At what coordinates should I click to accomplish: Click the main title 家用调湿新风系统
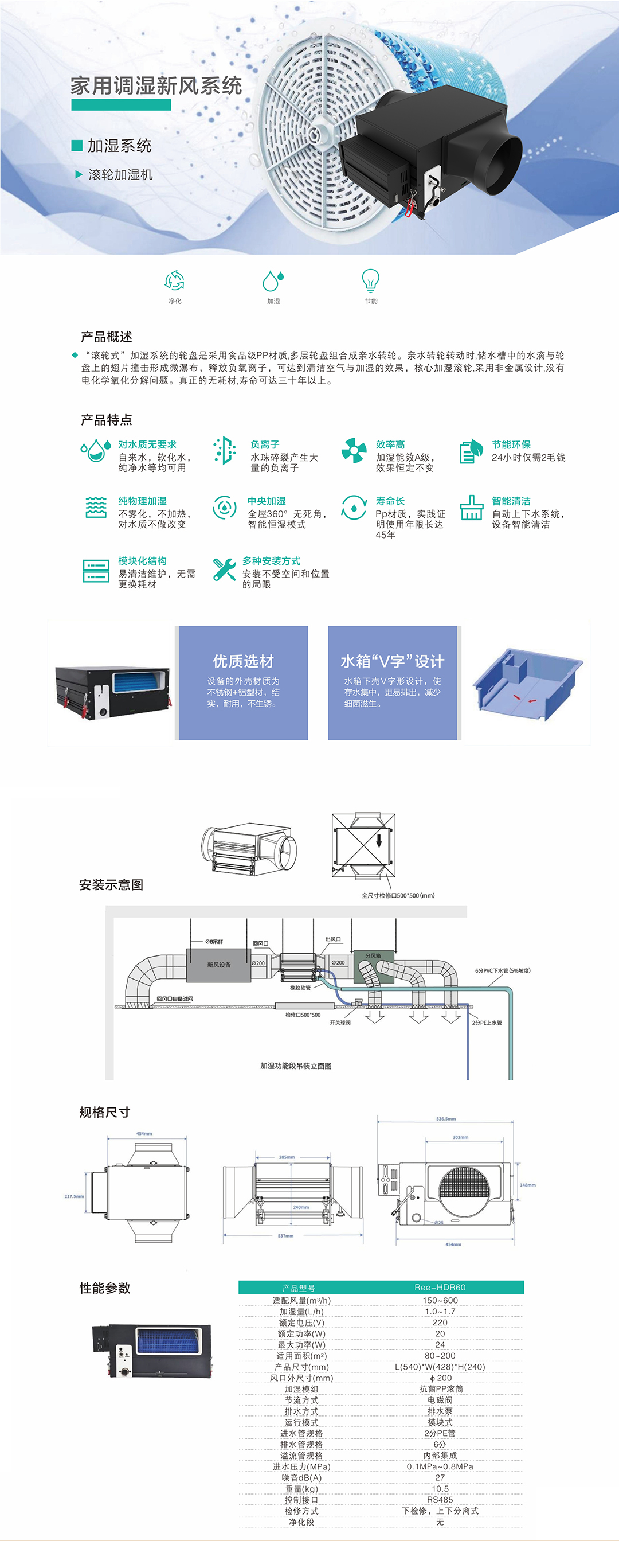(x=156, y=86)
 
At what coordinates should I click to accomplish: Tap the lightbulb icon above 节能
(x=371, y=280)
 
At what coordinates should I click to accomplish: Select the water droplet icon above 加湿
(x=273, y=280)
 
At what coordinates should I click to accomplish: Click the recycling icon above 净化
(x=175, y=280)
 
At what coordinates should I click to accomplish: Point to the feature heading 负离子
(x=265, y=444)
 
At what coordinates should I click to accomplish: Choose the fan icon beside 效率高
(x=354, y=450)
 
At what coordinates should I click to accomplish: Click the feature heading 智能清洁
(x=511, y=501)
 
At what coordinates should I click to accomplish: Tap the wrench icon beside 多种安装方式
(x=224, y=569)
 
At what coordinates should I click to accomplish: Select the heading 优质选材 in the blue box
(x=244, y=661)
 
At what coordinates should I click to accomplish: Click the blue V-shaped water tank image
(x=526, y=684)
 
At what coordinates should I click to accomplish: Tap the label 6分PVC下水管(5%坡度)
(x=503, y=970)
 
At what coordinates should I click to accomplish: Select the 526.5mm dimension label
(x=445, y=1119)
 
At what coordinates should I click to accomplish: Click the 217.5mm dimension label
(x=74, y=1196)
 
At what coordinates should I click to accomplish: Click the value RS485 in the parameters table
(x=440, y=1500)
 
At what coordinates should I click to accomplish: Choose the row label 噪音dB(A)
(x=301, y=1477)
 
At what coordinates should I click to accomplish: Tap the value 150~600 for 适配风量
(x=440, y=1301)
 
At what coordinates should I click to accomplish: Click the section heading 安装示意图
(x=111, y=885)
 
